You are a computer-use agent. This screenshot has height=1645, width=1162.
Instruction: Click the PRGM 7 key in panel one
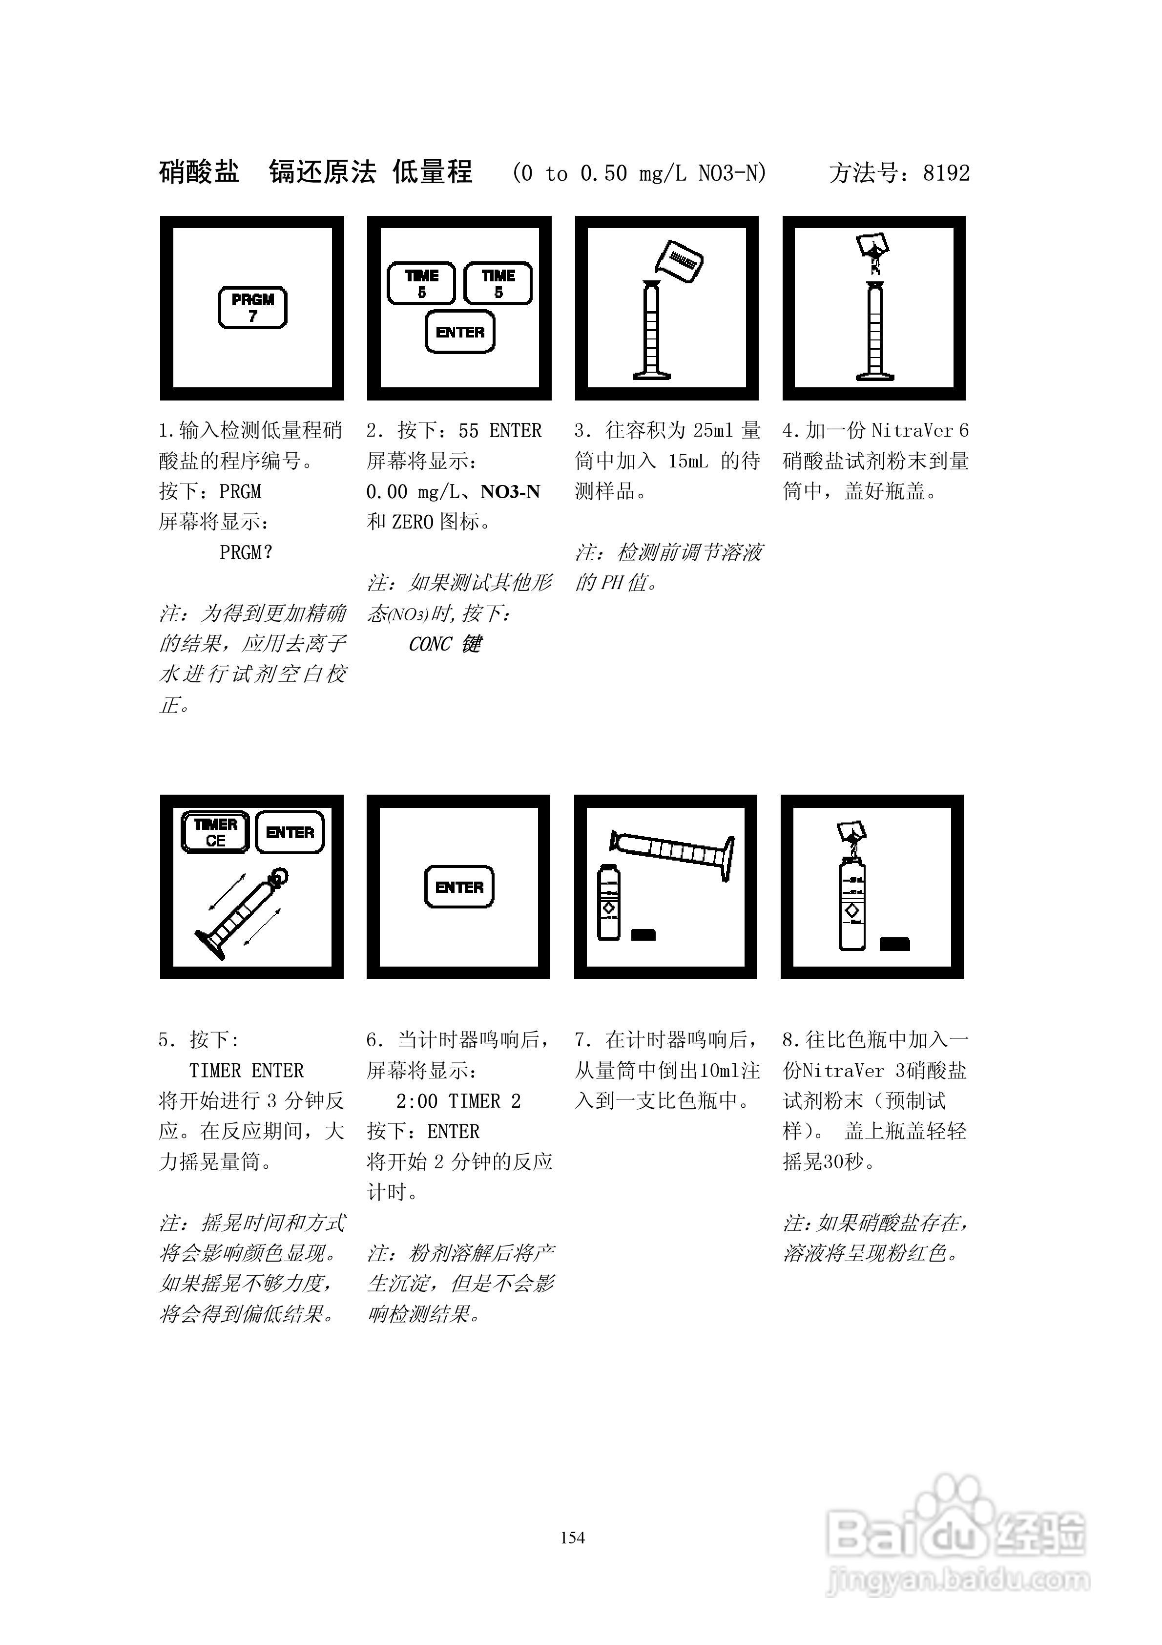point(252,307)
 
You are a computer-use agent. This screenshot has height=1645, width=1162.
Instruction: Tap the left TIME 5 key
point(421,283)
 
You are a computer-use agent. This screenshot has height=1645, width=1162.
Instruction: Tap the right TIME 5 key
point(498,283)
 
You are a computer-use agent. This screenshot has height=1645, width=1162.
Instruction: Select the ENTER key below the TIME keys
point(460,332)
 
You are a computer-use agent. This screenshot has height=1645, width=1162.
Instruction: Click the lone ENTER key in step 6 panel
point(459,887)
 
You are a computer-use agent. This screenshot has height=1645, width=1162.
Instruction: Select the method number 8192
point(946,173)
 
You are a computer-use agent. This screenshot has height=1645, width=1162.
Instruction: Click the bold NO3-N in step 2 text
point(510,491)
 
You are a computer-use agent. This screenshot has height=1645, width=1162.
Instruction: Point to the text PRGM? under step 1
point(246,552)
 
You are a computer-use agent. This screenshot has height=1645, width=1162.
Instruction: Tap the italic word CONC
point(430,644)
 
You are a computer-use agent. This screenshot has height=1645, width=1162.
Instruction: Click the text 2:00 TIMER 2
point(458,1100)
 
